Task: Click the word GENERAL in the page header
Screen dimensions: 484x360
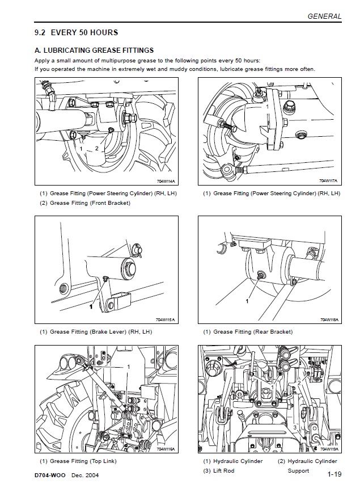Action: point(324,16)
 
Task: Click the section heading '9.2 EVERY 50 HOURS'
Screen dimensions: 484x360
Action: point(76,32)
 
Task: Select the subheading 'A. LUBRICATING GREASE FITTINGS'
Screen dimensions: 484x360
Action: point(94,50)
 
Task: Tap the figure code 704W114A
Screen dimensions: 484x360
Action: point(166,182)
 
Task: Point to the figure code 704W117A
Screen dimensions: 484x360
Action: point(329,181)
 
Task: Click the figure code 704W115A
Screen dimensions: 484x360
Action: point(166,320)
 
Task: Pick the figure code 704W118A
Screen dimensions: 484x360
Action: point(329,320)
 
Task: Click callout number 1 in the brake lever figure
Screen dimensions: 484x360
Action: point(90,306)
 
